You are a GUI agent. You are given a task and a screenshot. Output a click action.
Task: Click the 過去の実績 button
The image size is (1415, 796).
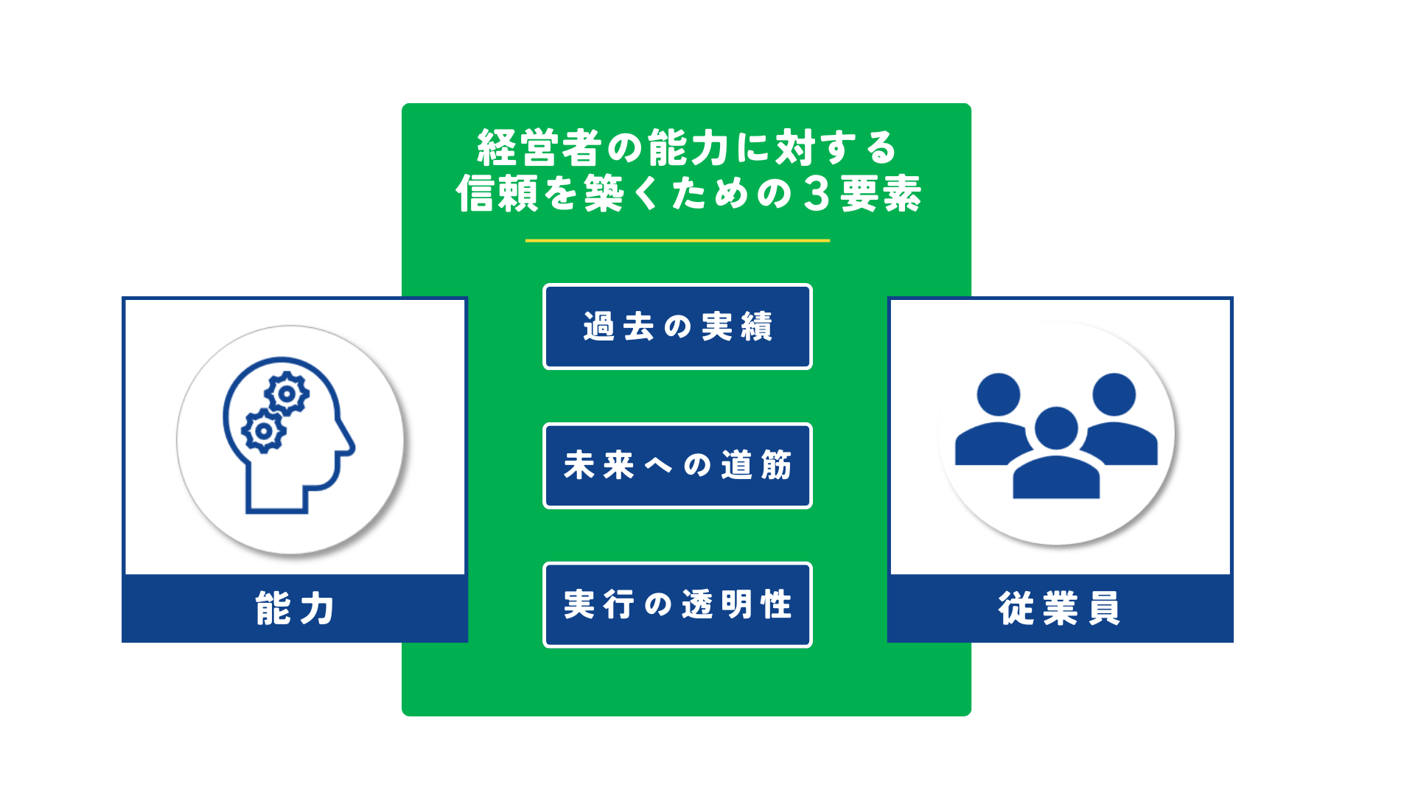click(x=677, y=327)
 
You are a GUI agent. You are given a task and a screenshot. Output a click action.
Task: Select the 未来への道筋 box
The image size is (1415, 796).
click(x=677, y=466)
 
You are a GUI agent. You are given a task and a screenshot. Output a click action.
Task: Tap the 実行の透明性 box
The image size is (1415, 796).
click(x=677, y=605)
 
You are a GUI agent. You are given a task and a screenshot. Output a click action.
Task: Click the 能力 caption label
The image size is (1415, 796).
click(x=295, y=609)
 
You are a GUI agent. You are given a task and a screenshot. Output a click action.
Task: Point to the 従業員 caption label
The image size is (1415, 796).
click(x=1060, y=609)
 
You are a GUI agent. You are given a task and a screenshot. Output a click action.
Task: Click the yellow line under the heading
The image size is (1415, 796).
click(x=677, y=240)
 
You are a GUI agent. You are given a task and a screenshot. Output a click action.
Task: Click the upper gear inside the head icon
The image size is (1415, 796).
click(x=287, y=394)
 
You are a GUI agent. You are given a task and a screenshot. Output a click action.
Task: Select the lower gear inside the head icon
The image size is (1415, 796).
click(x=263, y=431)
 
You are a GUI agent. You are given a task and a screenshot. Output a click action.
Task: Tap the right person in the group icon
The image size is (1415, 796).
click(x=1117, y=419)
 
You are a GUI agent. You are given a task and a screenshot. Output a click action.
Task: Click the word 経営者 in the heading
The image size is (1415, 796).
click(x=539, y=148)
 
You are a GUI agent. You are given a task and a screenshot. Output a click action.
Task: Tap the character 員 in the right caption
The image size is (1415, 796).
click(x=1104, y=609)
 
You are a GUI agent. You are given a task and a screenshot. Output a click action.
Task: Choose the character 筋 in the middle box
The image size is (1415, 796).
click(x=776, y=466)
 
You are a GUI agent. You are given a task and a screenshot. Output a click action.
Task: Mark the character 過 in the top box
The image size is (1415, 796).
click(x=598, y=327)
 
